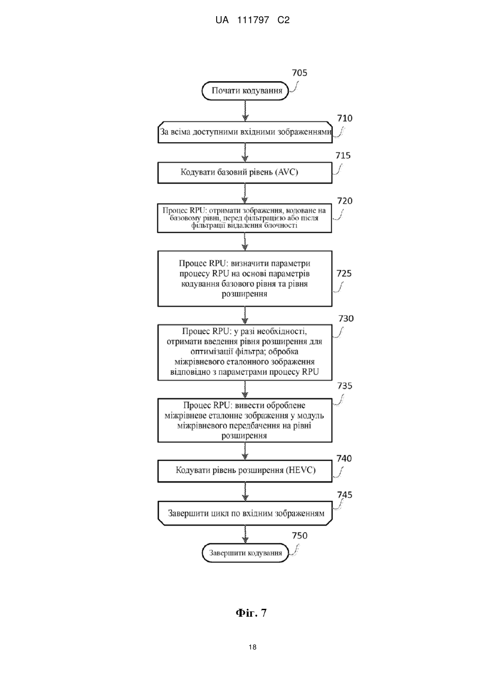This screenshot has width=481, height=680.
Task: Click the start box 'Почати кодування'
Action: (x=245, y=91)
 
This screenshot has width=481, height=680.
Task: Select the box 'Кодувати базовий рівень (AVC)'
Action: (x=245, y=173)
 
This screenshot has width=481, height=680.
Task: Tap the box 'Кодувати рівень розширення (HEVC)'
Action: (x=245, y=471)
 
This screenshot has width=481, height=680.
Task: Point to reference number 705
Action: (x=299, y=73)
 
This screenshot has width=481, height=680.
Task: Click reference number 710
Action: (x=345, y=118)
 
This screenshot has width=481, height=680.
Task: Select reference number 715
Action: (x=343, y=155)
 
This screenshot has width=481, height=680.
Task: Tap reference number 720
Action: (x=345, y=201)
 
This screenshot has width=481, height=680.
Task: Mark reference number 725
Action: (x=344, y=273)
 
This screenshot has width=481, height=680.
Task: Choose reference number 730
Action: (x=346, y=318)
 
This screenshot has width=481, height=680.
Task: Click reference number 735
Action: (x=345, y=386)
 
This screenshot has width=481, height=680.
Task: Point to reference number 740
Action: (x=344, y=459)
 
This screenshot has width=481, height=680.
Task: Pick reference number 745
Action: (x=345, y=495)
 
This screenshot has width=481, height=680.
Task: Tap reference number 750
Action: (x=299, y=535)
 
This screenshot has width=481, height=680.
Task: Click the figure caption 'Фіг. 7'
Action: (x=251, y=613)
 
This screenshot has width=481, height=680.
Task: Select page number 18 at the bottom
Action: (x=253, y=647)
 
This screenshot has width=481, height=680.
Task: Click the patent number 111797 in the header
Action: (x=253, y=20)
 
